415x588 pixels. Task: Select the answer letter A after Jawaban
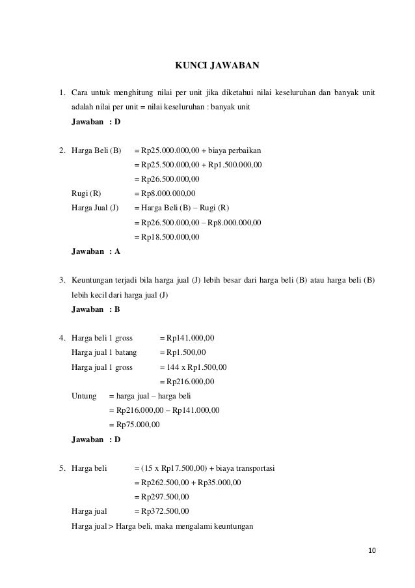click(x=117, y=251)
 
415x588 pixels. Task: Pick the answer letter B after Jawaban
click(x=117, y=309)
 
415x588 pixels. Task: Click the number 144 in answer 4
click(x=165, y=367)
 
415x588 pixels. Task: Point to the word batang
click(x=124, y=352)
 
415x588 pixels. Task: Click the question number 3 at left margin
click(x=61, y=281)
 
